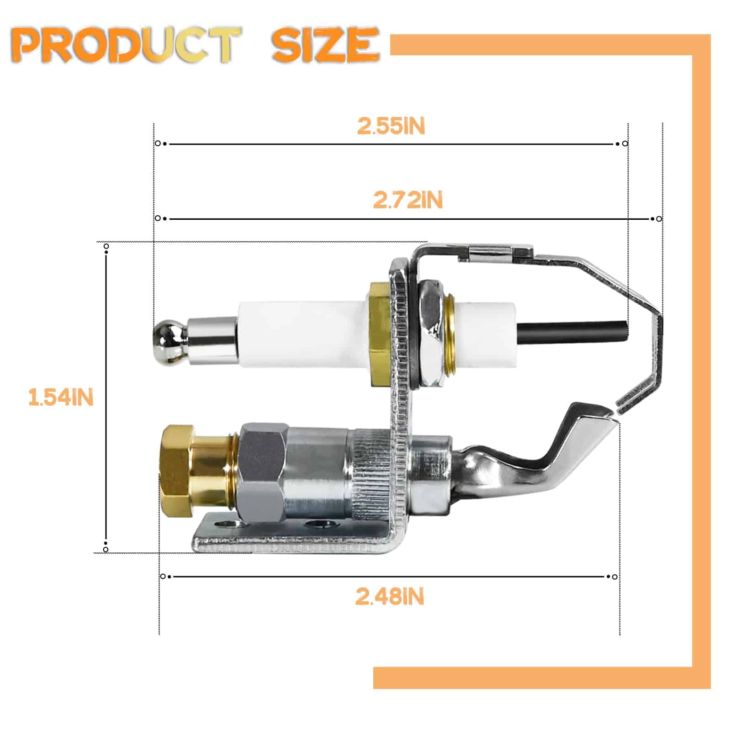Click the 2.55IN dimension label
(391, 126)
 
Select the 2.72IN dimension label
(408, 200)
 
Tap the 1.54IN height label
(61, 397)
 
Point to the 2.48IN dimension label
(390, 597)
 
